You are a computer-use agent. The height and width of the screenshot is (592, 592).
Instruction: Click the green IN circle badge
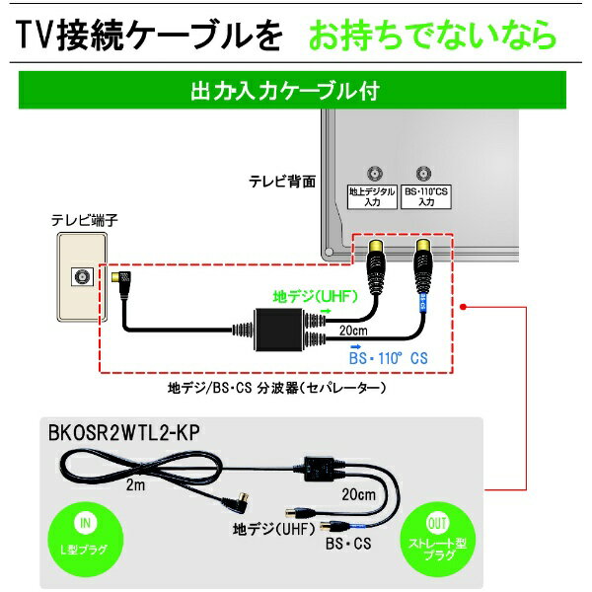pos(86,539)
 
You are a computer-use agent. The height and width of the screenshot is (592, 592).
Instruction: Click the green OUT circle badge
pos(437,540)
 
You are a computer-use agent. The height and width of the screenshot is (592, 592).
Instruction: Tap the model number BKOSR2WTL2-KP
pos(124,433)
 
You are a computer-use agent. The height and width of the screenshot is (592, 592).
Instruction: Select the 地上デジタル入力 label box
pos(372,196)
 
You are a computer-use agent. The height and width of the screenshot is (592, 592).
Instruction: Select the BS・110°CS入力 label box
pos(426,196)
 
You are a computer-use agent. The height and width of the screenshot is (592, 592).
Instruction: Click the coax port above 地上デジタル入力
pos(375,174)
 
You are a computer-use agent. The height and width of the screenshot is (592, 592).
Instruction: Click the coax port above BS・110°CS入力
pos(423,174)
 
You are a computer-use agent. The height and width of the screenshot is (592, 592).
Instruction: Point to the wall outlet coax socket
pos(82,277)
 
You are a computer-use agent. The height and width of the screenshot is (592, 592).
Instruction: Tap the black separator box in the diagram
pos(278,330)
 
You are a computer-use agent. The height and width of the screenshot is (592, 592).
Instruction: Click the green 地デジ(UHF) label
pos(316,297)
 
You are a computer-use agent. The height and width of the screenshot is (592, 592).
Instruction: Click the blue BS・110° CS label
pos(389,358)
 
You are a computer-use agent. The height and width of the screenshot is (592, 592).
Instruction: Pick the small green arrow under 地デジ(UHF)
pos(327,311)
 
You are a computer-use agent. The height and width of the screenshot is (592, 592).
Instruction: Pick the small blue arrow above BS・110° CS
pos(355,346)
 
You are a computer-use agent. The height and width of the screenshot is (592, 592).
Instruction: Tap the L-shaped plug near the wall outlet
pos(120,283)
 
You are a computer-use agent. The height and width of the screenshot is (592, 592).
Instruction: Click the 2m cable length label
pos(135,484)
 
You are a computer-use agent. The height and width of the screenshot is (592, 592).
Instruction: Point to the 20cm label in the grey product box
pos(359,494)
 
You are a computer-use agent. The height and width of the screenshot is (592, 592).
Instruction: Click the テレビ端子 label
pos(85,220)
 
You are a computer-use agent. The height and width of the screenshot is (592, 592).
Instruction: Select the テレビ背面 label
pos(282,182)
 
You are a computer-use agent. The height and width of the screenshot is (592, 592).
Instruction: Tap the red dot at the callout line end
pos(464,307)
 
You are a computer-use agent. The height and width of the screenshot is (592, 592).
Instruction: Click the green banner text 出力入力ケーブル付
pos(285,91)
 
